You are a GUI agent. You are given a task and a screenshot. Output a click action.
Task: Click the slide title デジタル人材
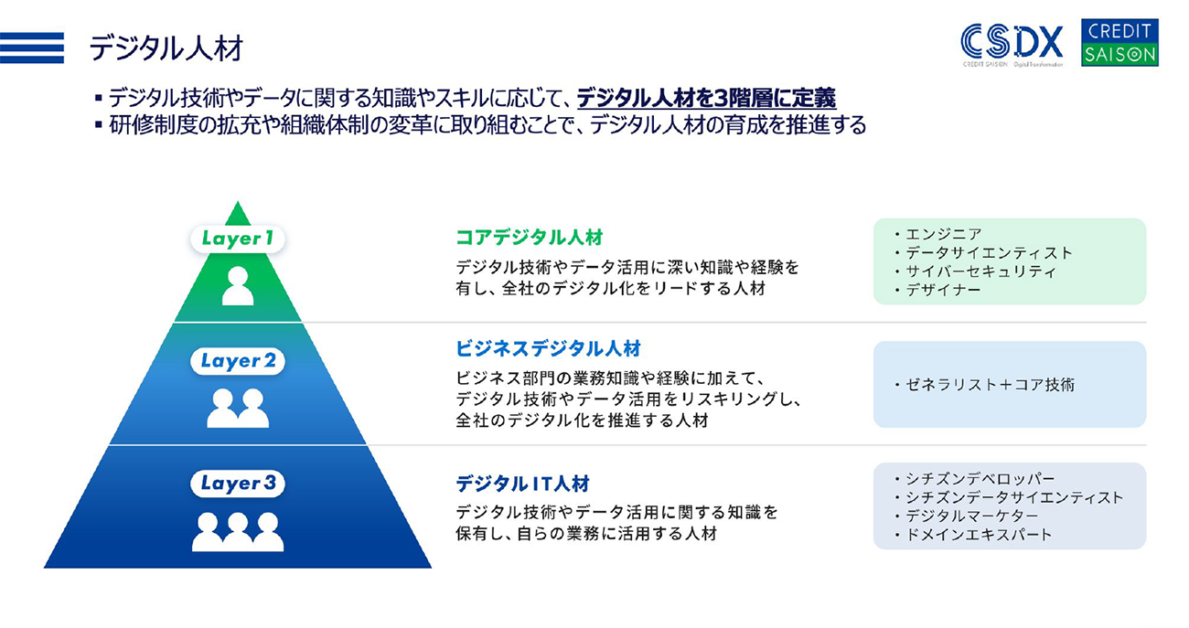pos(166,48)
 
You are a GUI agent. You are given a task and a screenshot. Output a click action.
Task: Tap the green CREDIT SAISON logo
pos(1119,43)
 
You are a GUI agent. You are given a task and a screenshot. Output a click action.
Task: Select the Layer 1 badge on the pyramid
pos(238,239)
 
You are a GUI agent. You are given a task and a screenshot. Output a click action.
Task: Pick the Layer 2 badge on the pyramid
pos(238,361)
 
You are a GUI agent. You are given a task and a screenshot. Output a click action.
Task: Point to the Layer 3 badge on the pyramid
pos(238,483)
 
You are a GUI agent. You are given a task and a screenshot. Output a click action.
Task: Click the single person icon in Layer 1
pos(238,286)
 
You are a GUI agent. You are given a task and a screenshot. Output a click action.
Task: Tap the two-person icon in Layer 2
pos(238,409)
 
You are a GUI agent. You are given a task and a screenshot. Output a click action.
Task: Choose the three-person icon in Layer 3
pos(238,532)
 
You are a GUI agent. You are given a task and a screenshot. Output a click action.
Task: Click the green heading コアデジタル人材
pos(530,238)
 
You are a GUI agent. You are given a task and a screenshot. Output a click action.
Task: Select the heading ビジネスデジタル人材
pos(548,348)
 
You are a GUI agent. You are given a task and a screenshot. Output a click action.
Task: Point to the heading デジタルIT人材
pos(522,484)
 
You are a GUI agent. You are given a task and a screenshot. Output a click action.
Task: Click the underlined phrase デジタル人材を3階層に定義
pos(706,98)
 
